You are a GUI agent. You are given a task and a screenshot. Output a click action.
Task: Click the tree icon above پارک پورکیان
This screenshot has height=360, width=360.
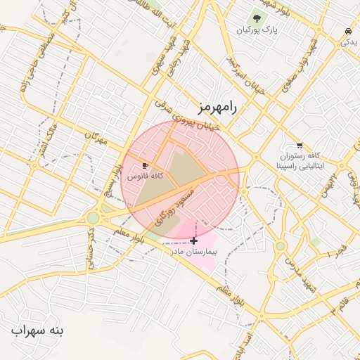[257, 18]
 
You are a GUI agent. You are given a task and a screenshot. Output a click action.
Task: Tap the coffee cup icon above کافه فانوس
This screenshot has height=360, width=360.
[146, 165]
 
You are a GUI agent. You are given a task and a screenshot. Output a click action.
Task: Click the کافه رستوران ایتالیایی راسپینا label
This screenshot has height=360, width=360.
[300, 161]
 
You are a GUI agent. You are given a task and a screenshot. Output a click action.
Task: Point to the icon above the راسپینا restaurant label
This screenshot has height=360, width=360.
[300, 146]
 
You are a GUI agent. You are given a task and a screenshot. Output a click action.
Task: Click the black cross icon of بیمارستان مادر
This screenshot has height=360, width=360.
[194, 240]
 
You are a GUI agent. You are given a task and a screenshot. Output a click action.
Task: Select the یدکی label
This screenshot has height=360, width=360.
[349, 42]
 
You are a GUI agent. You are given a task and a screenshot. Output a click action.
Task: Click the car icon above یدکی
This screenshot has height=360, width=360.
[348, 31]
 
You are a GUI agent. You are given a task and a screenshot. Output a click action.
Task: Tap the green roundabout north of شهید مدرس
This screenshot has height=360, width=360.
[281, 246]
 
